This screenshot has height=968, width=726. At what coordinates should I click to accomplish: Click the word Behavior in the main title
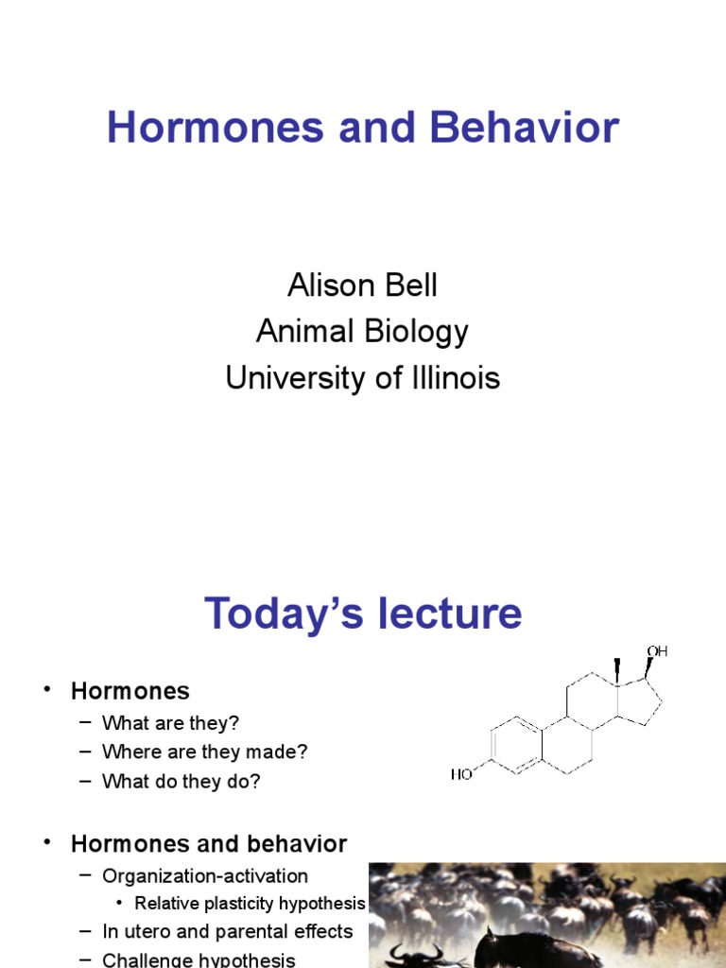525,128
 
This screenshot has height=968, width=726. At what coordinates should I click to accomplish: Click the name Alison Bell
363,285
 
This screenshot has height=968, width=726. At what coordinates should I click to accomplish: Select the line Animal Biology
363,332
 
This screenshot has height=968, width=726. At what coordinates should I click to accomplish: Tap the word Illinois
451,378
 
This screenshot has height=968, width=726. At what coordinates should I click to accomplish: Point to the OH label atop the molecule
657,651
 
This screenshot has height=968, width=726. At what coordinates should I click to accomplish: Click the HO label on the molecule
461,774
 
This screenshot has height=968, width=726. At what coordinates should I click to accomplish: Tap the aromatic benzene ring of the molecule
513,745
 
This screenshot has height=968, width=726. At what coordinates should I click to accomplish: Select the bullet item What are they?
170,723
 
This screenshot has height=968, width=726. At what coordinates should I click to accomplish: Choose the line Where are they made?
205,752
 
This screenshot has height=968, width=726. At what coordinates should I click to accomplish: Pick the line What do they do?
181,782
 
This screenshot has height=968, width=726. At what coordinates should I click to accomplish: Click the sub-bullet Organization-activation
205,875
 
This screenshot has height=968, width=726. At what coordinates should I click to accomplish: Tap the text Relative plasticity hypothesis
250,903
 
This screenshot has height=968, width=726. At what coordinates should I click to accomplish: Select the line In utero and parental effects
227,931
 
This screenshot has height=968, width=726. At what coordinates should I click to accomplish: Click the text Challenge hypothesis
199,959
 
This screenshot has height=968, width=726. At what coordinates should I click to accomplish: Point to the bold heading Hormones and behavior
209,843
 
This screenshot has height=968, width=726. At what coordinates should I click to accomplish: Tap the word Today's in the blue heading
274,614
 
